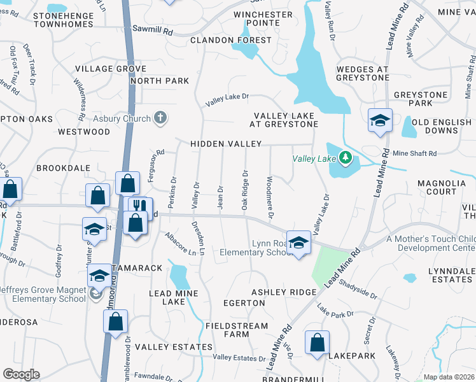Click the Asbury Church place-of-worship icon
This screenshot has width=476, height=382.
pos(160,118)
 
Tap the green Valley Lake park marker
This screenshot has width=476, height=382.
pos(345,157)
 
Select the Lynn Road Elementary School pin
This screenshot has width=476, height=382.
pos(298,243)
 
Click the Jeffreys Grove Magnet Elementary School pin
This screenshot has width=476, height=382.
pos(99,276)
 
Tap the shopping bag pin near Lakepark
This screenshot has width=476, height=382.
pos(316,343)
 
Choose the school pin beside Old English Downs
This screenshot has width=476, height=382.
pos(380,120)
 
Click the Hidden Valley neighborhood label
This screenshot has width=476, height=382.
pos(226,145)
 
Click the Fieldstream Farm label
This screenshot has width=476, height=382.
pos(227,329)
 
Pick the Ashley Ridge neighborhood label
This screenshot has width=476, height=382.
pos(283,292)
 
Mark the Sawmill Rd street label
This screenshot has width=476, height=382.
pos(153,29)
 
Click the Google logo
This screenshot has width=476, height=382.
pos(21,374)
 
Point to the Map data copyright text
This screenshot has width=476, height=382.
pos(449,377)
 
